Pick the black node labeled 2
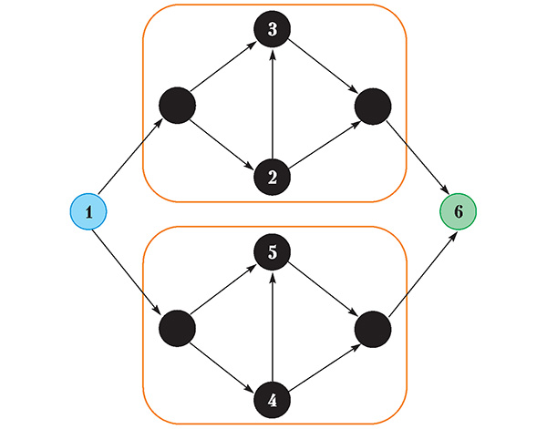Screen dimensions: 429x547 273,176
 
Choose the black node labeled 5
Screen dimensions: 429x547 273,251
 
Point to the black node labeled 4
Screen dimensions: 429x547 273,397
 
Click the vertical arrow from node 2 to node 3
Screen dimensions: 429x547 273,105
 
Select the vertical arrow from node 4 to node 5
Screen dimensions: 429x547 273,326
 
